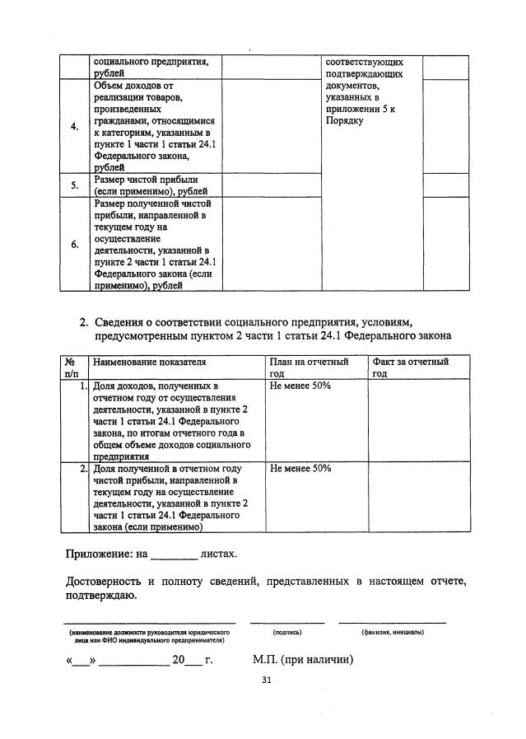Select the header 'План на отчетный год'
(309, 367)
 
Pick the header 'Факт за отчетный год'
(410, 367)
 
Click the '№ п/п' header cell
(71, 367)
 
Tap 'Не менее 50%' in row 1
(300, 386)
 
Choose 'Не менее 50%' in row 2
(300, 468)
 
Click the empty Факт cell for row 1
(418, 420)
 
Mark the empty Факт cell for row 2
(418, 497)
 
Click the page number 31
(266, 680)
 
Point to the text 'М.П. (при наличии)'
(302, 660)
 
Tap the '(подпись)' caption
(286, 632)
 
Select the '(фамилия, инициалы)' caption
(392, 632)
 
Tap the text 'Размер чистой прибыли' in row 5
(146, 179)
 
